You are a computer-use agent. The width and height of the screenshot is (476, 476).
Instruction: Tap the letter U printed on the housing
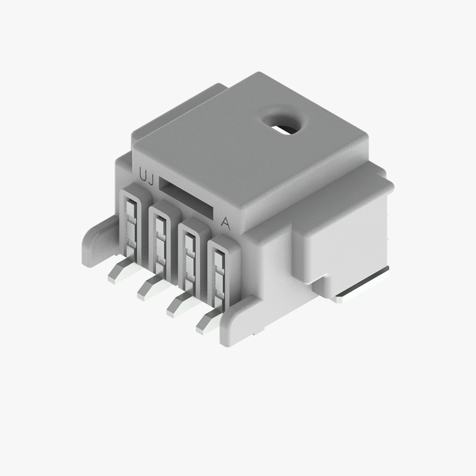point(143,175)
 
